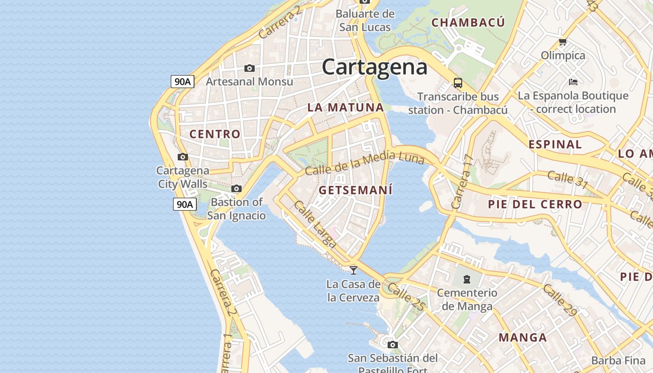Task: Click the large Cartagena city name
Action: (x=375, y=67)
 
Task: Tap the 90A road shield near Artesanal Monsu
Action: (x=182, y=82)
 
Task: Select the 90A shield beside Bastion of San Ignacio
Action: (x=185, y=204)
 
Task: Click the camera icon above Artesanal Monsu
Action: (x=250, y=69)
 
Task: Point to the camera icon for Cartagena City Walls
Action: (x=183, y=157)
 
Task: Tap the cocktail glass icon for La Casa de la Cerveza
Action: (x=354, y=270)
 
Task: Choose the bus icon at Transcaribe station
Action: (x=458, y=83)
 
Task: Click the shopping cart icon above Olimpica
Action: (x=563, y=42)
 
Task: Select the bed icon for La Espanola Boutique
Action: (x=573, y=82)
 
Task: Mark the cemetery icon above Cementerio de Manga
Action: (x=466, y=279)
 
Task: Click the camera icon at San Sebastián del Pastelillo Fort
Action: (x=393, y=345)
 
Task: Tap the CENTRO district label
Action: (x=215, y=134)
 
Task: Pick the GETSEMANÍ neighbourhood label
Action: (x=355, y=190)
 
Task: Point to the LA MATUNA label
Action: (x=346, y=108)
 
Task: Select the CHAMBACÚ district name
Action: (x=468, y=22)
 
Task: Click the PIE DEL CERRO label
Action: (x=535, y=204)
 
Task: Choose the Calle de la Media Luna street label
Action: (x=364, y=163)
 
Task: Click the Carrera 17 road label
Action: (x=463, y=182)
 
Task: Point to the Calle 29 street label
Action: (x=560, y=300)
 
